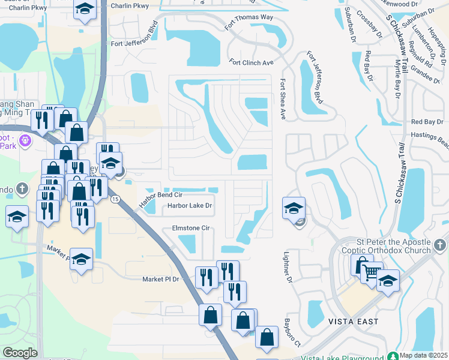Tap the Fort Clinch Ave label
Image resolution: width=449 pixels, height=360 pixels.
(x=251, y=62)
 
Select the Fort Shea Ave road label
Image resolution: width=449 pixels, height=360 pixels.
(x=282, y=100)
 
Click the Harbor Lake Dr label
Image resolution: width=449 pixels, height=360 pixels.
(x=190, y=206)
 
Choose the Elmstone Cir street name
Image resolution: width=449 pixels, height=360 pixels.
(x=190, y=228)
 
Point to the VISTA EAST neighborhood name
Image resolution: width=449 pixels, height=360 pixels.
(x=353, y=322)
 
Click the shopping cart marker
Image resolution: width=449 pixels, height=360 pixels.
(x=371, y=273)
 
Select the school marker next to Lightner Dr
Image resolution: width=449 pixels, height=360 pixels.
(x=294, y=208)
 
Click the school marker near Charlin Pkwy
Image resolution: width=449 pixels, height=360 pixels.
(x=85, y=9)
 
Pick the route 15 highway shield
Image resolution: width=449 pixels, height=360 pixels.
(x=115, y=199)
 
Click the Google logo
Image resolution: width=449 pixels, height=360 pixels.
(x=20, y=353)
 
